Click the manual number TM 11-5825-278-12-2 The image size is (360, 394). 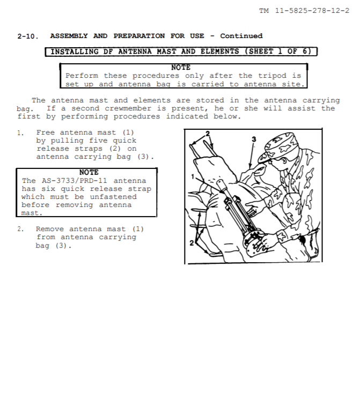point(304,11)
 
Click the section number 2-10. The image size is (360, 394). point(28,36)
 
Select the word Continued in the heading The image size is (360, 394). point(241,36)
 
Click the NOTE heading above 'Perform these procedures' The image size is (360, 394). point(181,68)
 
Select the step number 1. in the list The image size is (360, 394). point(20,133)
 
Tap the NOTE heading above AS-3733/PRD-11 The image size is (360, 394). point(89,173)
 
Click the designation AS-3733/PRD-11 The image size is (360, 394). point(75,181)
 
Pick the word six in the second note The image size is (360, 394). point(48,189)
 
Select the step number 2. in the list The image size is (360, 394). point(20,229)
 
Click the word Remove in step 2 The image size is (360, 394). point(50,229)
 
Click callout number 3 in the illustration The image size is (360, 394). point(254,139)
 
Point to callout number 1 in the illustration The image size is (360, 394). point(193,177)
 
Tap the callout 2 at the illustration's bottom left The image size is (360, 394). point(192,243)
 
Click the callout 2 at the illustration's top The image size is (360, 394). point(208,133)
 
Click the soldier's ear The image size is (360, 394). point(284,161)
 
